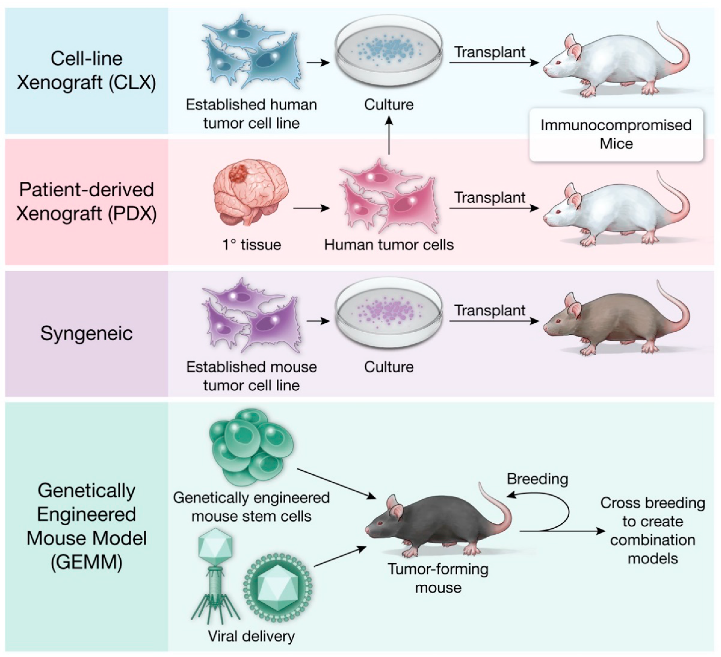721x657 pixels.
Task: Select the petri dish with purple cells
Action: pyautogui.click(x=389, y=313)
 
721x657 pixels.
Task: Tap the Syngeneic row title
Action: pyautogui.click(x=87, y=333)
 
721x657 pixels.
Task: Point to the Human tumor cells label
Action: pyautogui.click(x=389, y=245)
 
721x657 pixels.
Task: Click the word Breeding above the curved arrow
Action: pyautogui.click(x=537, y=479)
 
